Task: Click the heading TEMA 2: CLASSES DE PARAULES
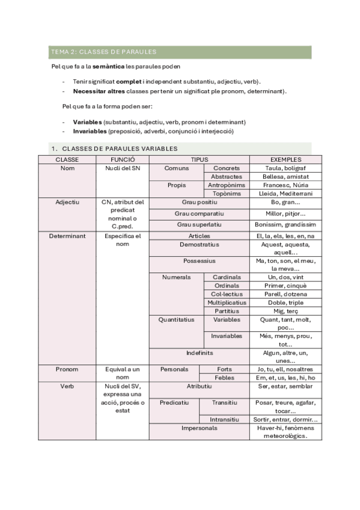104,52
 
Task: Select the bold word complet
129,81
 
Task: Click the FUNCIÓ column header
122,159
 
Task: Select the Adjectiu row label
67,202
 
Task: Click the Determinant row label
67,236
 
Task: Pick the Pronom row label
67,369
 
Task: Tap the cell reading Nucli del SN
122,168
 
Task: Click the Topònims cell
227,194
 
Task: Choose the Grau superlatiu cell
199,224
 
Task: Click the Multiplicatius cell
227,303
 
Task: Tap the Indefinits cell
199,352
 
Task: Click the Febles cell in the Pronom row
224,377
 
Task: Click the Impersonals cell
199,428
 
